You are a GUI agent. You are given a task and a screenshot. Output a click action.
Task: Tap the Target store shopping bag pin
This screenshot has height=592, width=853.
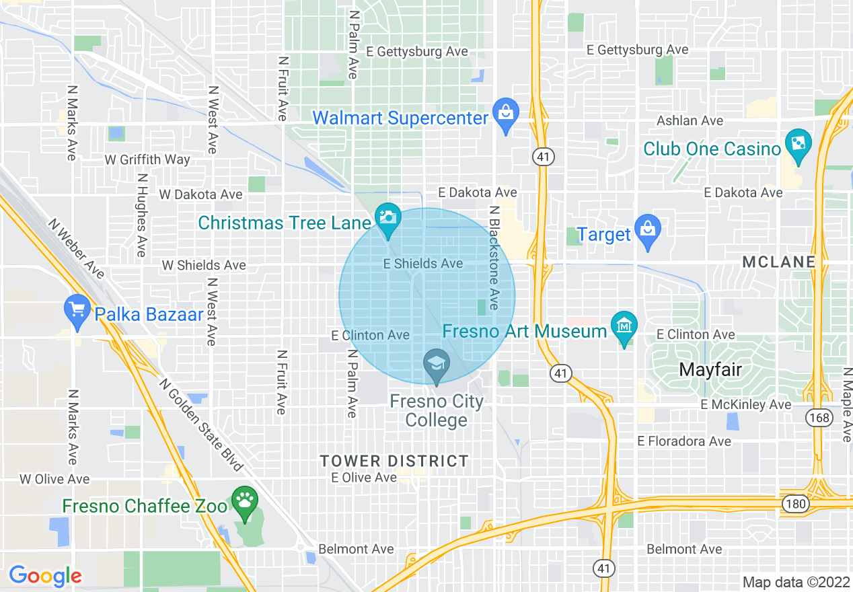coord(648,231)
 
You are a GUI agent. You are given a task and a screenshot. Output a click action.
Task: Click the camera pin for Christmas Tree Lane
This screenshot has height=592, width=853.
coord(388,219)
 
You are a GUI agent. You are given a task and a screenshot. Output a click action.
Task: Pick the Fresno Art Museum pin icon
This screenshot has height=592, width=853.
coord(625,327)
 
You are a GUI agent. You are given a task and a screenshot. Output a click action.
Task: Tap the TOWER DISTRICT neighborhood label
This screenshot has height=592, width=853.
coord(394,461)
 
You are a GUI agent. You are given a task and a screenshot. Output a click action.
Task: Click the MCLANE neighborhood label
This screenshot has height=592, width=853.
coord(779,262)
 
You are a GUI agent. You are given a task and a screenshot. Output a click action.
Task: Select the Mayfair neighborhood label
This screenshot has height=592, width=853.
coord(710,369)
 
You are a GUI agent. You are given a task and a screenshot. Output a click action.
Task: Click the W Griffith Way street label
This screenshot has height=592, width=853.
coord(147,159)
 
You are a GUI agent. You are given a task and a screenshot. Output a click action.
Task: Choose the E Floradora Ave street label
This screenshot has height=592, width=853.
coord(684,441)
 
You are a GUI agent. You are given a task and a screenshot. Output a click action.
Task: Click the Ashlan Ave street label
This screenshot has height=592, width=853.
coord(690,120)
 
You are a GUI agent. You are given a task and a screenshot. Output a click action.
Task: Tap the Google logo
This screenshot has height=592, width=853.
coord(45,576)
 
